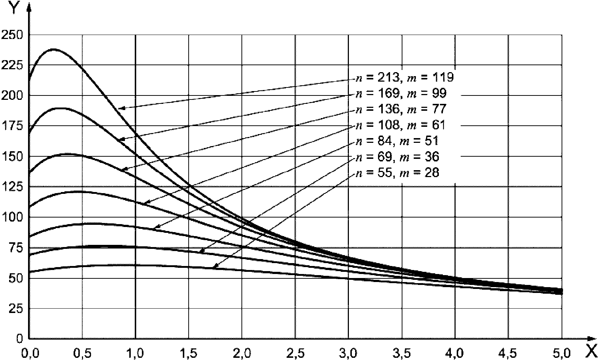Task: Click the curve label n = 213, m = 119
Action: pyautogui.click(x=404, y=78)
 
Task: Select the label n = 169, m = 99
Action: pyautogui.click(x=400, y=94)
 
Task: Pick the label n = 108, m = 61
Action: pyautogui.click(x=400, y=125)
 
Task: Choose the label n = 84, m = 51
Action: pyautogui.click(x=397, y=141)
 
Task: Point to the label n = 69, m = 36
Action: pyautogui.click(x=397, y=157)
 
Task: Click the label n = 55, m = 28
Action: pyautogui.click(x=397, y=172)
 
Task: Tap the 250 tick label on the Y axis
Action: pyautogui.click(x=12, y=35)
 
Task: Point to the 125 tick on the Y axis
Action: pyautogui.click(x=12, y=187)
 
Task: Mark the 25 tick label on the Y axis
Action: pyautogui.click(x=15, y=309)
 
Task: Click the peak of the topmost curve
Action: pyautogui.click(x=54, y=49)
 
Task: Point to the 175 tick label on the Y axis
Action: pyautogui.click(x=12, y=126)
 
